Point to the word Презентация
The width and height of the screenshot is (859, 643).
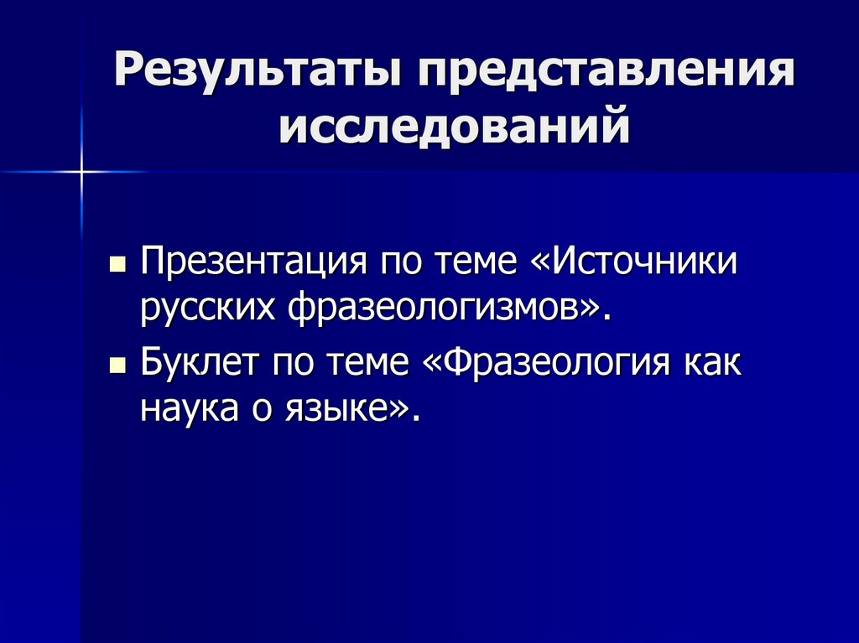[x=252, y=262]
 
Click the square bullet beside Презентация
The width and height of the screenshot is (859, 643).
[x=117, y=264]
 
